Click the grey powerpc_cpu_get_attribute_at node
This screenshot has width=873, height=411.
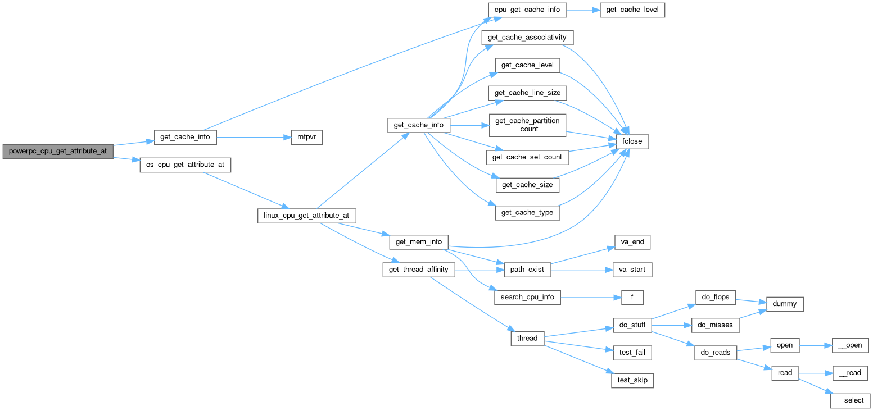(x=57, y=152)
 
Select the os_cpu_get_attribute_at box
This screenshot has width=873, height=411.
(x=186, y=165)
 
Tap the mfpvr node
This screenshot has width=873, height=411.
(x=306, y=138)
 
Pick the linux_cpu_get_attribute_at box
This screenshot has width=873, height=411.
(x=306, y=216)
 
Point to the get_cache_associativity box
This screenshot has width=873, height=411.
(x=527, y=38)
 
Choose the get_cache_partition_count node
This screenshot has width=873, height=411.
(x=527, y=125)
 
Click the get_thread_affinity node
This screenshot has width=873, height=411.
(x=418, y=270)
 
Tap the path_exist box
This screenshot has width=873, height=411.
(x=527, y=270)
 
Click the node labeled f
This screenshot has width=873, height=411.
(x=632, y=298)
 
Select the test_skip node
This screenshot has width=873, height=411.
(x=632, y=381)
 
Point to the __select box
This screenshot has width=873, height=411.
(x=850, y=401)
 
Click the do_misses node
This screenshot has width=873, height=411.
(x=715, y=325)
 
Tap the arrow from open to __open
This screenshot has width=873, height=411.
(x=815, y=345)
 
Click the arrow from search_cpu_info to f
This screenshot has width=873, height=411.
(x=590, y=298)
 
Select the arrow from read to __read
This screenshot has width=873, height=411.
(x=815, y=373)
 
